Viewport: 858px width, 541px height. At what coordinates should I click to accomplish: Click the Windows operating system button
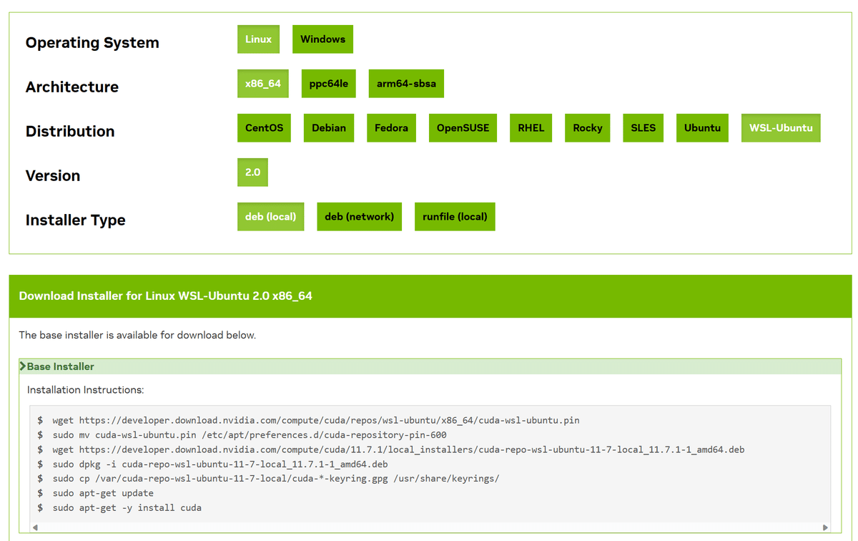322,39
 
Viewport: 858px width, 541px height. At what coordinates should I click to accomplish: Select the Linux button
258,39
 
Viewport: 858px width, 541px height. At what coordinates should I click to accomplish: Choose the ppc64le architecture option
328,84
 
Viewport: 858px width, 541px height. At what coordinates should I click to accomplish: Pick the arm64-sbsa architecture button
406,84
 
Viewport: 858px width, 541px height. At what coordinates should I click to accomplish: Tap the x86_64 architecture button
263,84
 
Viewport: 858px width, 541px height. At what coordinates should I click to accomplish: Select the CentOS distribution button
264,128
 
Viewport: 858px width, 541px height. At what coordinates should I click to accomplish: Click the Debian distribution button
329,128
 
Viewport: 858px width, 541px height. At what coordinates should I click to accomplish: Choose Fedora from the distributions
391,128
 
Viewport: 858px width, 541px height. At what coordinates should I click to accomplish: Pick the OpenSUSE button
463,128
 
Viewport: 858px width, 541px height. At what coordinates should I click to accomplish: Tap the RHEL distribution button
531,128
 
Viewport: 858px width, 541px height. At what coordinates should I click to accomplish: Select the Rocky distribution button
587,128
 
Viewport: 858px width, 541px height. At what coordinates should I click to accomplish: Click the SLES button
643,128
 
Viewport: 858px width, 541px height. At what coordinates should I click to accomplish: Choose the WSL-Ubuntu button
781,128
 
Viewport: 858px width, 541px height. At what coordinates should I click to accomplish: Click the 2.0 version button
252,172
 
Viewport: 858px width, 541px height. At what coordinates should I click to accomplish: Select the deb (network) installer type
359,217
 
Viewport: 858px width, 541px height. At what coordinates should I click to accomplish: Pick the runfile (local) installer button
455,217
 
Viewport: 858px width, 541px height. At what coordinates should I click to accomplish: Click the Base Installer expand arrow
23,366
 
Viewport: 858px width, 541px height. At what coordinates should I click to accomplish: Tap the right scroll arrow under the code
825,527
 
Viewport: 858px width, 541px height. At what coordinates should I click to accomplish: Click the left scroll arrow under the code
35,527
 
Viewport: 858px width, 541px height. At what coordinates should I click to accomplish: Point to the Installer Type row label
76,220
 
